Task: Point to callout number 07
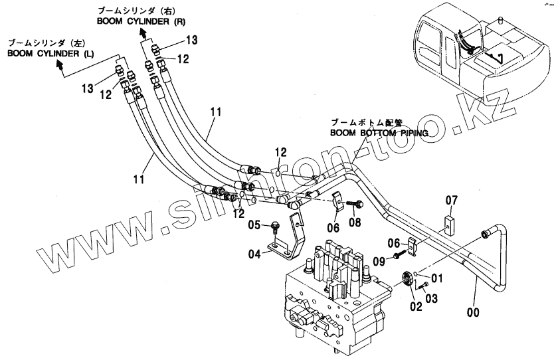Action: (x=451, y=200)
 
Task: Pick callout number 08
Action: (x=355, y=223)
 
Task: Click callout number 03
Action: (x=432, y=299)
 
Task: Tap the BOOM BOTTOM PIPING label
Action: (x=378, y=132)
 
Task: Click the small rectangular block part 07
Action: (x=450, y=220)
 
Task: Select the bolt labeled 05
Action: (x=275, y=226)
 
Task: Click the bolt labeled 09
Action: (x=397, y=256)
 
